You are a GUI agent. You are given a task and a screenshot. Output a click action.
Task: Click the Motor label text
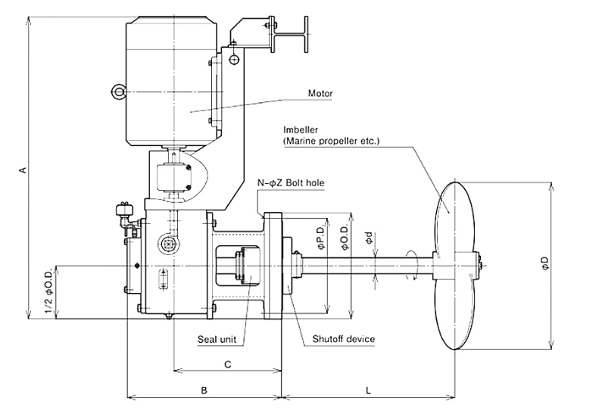[320, 93]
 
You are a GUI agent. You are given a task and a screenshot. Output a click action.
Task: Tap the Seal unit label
[217, 339]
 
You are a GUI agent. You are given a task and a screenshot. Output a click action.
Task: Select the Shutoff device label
[343, 339]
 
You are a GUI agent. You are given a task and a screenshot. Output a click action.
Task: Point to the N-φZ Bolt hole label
[291, 183]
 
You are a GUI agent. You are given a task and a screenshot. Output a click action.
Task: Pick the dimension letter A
[23, 170]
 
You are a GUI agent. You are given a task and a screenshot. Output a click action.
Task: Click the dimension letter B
[204, 391]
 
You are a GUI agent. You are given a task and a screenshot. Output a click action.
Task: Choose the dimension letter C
[228, 364]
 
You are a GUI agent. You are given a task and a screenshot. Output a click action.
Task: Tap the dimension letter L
[368, 391]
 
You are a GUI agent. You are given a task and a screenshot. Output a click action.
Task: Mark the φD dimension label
[546, 263]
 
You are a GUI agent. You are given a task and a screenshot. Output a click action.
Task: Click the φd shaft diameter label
[369, 238]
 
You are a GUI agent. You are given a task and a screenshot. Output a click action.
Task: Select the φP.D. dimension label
[321, 237]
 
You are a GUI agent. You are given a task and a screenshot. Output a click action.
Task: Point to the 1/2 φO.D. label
[49, 288]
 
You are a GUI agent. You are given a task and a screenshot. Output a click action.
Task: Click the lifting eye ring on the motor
[118, 92]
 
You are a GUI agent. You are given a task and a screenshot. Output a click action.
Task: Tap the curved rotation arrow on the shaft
[412, 265]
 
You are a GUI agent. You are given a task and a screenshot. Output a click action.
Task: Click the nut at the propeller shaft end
[479, 265]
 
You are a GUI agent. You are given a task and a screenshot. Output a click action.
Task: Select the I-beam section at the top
[291, 35]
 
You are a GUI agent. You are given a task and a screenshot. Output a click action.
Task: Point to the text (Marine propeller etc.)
[332, 141]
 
